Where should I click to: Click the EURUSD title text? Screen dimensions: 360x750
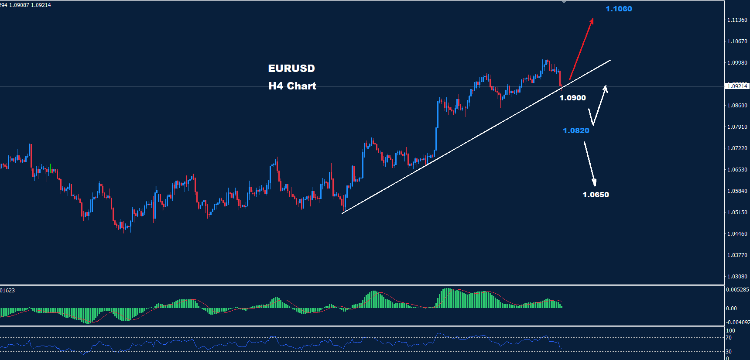pyautogui.click(x=291, y=69)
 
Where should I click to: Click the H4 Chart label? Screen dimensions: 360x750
pyautogui.click(x=292, y=86)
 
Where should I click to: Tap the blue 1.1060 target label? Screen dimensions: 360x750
pyautogui.click(x=618, y=9)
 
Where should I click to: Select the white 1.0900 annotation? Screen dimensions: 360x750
pyautogui.click(x=572, y=98)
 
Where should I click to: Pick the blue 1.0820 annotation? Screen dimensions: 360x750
pyautogui.click(x=576, y=130)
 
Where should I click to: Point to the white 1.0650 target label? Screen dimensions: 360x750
pyautogui.click(x=596, y=195)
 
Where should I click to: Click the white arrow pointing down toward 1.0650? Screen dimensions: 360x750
pyautogui.click(x=590, y=164)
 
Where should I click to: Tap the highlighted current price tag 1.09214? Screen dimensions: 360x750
pyautogui.click(x=737, y=86)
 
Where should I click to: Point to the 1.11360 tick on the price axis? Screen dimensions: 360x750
pyautogui.click(x=737, y=20)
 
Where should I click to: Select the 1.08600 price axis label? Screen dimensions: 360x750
pyautogui.click(x=737, y=106)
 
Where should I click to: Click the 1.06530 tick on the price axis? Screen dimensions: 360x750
pyautogui.click(x=737, y=170)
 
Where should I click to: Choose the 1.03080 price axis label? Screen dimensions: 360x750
pyautogui.click(x=737, y=277)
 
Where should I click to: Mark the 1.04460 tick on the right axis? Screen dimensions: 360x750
pyautogui.click(x=737, y=234)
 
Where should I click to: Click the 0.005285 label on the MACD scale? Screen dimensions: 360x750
pyautogui.click(x=737, y=290)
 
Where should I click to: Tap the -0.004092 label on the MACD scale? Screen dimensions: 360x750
pyautogui.click(x=737, y=322)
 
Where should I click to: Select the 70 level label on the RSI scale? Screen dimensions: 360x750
pyautogui.click(x=729, y=338)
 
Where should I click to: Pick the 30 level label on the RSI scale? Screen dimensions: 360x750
pyautogui.click(x=729, y=351)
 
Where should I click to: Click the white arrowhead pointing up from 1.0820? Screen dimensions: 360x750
pyautogui.click(x=605, y=88)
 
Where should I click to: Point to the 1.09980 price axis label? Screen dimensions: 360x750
pyautogui.click(x=737, y=63)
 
